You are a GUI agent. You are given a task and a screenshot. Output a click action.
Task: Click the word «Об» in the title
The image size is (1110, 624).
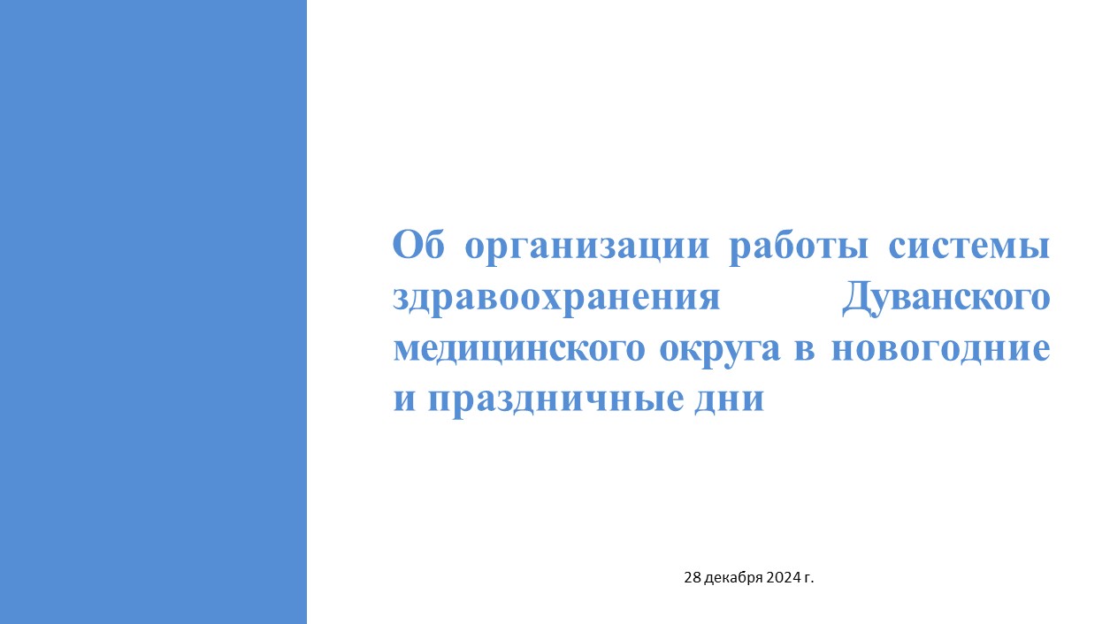[418, 244]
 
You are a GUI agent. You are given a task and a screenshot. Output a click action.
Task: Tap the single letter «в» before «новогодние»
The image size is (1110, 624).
[805, 350]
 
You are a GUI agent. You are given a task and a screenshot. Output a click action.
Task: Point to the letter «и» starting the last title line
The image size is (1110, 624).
[404, 400]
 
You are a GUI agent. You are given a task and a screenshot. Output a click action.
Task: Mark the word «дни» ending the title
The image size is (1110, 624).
[729, 401]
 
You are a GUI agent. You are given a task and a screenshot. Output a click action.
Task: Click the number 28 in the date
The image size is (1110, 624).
[693, 577]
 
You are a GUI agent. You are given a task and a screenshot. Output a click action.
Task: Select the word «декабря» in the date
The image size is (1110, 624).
[733, 578]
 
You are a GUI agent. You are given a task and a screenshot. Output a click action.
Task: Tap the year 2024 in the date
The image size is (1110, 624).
[782, 577]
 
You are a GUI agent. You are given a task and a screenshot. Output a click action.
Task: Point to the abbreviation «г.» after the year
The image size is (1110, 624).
[807, 579]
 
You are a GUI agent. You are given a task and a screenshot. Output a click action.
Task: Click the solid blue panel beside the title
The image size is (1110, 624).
[153, 312]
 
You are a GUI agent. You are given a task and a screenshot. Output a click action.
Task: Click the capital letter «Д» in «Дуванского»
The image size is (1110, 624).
[857, 299]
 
